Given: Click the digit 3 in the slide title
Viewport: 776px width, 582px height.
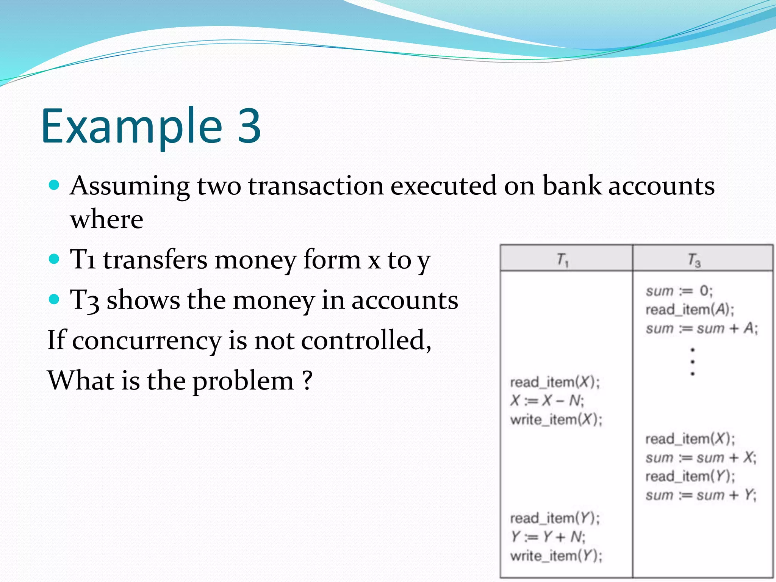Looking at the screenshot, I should [x=249, y=126].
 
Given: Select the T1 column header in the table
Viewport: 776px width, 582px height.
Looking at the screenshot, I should [x=563, y=260].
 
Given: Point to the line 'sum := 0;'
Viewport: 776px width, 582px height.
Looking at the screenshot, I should [x=679, y=291].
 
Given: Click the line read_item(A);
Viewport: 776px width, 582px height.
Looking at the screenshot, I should [x=690, y=310].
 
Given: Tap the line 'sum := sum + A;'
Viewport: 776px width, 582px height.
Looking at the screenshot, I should [x=701, y=328].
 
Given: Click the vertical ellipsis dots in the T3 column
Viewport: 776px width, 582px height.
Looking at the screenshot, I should [x=693, y=361].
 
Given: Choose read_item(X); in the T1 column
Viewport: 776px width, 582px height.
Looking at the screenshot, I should [x=555, y=382].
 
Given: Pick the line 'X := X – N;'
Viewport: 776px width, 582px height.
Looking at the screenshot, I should [x=547, y=401].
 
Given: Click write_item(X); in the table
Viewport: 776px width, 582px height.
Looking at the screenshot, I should [x=556, y=419].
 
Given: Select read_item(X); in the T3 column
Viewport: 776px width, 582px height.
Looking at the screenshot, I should [x=690, y=439].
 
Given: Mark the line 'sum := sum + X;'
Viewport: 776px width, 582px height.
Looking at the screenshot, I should [x=701, y=458].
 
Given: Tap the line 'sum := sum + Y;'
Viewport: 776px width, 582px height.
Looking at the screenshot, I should [x=701, y=495].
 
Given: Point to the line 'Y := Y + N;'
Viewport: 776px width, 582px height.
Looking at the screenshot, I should [x=548, y=537].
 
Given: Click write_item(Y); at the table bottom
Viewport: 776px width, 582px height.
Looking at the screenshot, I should [x=556, y=555].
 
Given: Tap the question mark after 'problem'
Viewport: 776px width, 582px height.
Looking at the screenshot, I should [x=307, y=380].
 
